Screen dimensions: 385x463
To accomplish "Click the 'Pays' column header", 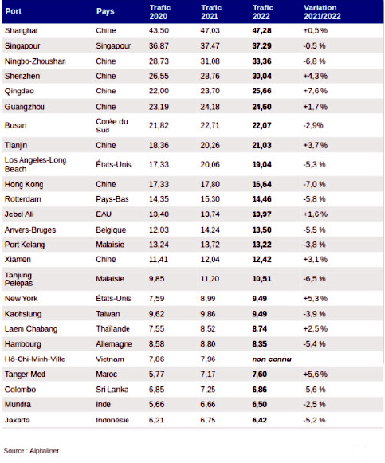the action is click(x=105, y=11).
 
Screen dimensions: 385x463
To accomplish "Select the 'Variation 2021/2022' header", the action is click(x=322, y=12).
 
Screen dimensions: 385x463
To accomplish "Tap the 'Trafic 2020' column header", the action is click(x=159, y=12).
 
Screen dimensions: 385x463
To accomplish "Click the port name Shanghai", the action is click(x=21, y=30).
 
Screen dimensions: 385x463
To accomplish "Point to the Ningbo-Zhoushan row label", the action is click(x=35, y=61).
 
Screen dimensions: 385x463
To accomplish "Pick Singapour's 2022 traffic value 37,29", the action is click(x=261, y=45).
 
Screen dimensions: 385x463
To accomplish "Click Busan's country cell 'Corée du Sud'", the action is click(x=112, y=125).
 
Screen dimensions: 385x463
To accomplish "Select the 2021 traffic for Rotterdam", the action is click(x=210, y=199).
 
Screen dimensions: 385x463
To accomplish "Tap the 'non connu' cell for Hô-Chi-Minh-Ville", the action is click(x=272, y=359).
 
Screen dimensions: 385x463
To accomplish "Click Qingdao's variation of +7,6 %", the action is click(x=316, y=91).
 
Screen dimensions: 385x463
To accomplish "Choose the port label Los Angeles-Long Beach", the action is click(x=35, y=164).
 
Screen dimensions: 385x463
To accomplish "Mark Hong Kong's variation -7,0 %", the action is click(x=314, y=184).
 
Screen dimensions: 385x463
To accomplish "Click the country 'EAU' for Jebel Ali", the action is click(x=104, y=214).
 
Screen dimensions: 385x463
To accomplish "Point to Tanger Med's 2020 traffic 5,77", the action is click(x=156, y=374).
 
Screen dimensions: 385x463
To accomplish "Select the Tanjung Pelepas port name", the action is click(x=18, y=279).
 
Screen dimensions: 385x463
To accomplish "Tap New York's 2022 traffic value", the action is click(x=260, y=299).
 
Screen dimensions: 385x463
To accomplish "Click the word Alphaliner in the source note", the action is click(x=45, y=451).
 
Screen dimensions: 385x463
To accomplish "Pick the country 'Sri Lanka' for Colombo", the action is click(x=112, y=390).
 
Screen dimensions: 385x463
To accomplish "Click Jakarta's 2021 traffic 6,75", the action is click(x=208, y=420).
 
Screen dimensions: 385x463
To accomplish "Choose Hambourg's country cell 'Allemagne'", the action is click(x=114, y=344).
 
